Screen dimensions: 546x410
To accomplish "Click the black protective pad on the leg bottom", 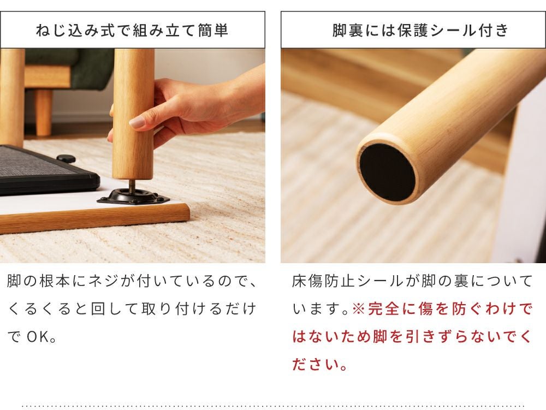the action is (387, 172).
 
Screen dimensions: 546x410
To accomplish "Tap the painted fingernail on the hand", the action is (137, 122).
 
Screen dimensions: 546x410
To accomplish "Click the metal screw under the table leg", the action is (132, 186).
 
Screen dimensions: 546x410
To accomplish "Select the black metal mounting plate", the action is (133, 197).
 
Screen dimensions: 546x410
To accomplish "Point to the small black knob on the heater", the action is (66, 159).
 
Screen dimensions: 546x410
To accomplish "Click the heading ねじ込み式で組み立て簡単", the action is (132, 30).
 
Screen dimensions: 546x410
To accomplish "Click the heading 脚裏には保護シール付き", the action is (420, 30).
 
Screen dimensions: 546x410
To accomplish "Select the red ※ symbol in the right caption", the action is (358, 308).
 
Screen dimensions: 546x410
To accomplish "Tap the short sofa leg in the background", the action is (44, 112).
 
